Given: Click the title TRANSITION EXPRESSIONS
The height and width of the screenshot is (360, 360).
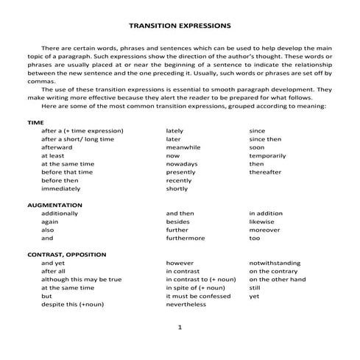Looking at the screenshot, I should [180, 24].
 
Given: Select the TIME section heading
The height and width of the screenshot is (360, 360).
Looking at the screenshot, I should [35, 121].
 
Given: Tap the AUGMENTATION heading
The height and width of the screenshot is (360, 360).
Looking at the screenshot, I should [54, 204].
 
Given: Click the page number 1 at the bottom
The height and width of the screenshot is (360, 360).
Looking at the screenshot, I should [180, 326].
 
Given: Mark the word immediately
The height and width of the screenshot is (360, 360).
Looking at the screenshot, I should [60, 188].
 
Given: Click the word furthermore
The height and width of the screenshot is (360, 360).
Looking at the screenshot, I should [186, 238].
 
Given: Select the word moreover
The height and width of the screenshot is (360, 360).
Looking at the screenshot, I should [264, 230].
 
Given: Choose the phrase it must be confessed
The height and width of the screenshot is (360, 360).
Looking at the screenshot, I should [198, 295].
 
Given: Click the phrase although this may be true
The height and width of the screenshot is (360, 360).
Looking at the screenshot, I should [81, 279].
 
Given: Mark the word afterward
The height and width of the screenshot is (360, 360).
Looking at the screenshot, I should [57, 147].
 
